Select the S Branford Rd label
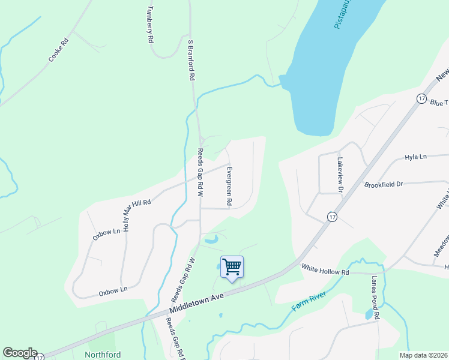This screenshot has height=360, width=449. (191, 61)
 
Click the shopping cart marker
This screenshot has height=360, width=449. (232, 266)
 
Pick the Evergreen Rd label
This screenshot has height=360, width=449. (229, 187)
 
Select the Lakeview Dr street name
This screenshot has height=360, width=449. (340, 175)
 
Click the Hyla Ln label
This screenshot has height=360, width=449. (415, 157)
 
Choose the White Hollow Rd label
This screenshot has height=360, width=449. (325, 271)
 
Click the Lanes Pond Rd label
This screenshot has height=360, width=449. (376, 298)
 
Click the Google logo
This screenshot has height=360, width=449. (20, 353)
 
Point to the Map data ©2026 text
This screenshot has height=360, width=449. (423, 355)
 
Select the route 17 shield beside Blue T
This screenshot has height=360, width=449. (422, 98)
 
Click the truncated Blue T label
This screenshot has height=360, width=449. (439, 103)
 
